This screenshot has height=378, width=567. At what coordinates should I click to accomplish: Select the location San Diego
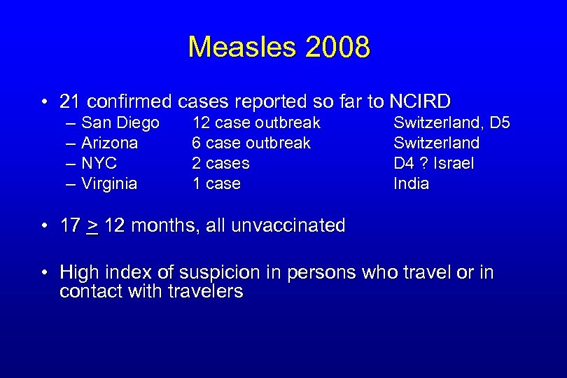point(120,123)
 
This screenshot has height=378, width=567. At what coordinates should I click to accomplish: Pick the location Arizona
point(110,143)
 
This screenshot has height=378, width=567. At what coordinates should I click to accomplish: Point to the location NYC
point(99,164)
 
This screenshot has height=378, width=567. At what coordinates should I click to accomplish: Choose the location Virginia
point(109,184)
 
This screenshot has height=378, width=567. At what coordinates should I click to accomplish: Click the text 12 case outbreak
point(256,123)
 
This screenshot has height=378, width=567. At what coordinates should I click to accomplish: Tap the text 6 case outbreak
point(251,143)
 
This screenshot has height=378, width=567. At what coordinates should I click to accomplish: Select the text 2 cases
point(220,164)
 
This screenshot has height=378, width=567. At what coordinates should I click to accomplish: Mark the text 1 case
point(216,184)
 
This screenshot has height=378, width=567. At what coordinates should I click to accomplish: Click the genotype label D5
point(500,123)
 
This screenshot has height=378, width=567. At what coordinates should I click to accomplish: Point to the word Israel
point(454,164)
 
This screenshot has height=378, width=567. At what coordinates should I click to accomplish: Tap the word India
point(411,184)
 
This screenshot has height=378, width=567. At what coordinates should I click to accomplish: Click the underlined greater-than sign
point(92,227)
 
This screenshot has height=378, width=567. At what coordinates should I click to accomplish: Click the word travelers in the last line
point(206,291)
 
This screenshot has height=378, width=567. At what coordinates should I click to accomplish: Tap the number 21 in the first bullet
point(69,102)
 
